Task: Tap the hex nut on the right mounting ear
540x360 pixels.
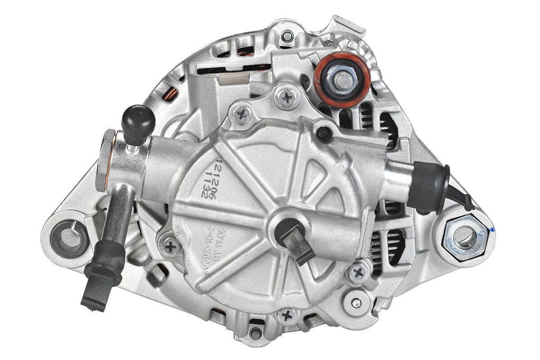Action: (x=463, y=237)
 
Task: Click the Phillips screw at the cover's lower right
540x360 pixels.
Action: (x=358, y=271)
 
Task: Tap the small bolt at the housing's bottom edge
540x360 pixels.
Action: (x=256, y=333)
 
